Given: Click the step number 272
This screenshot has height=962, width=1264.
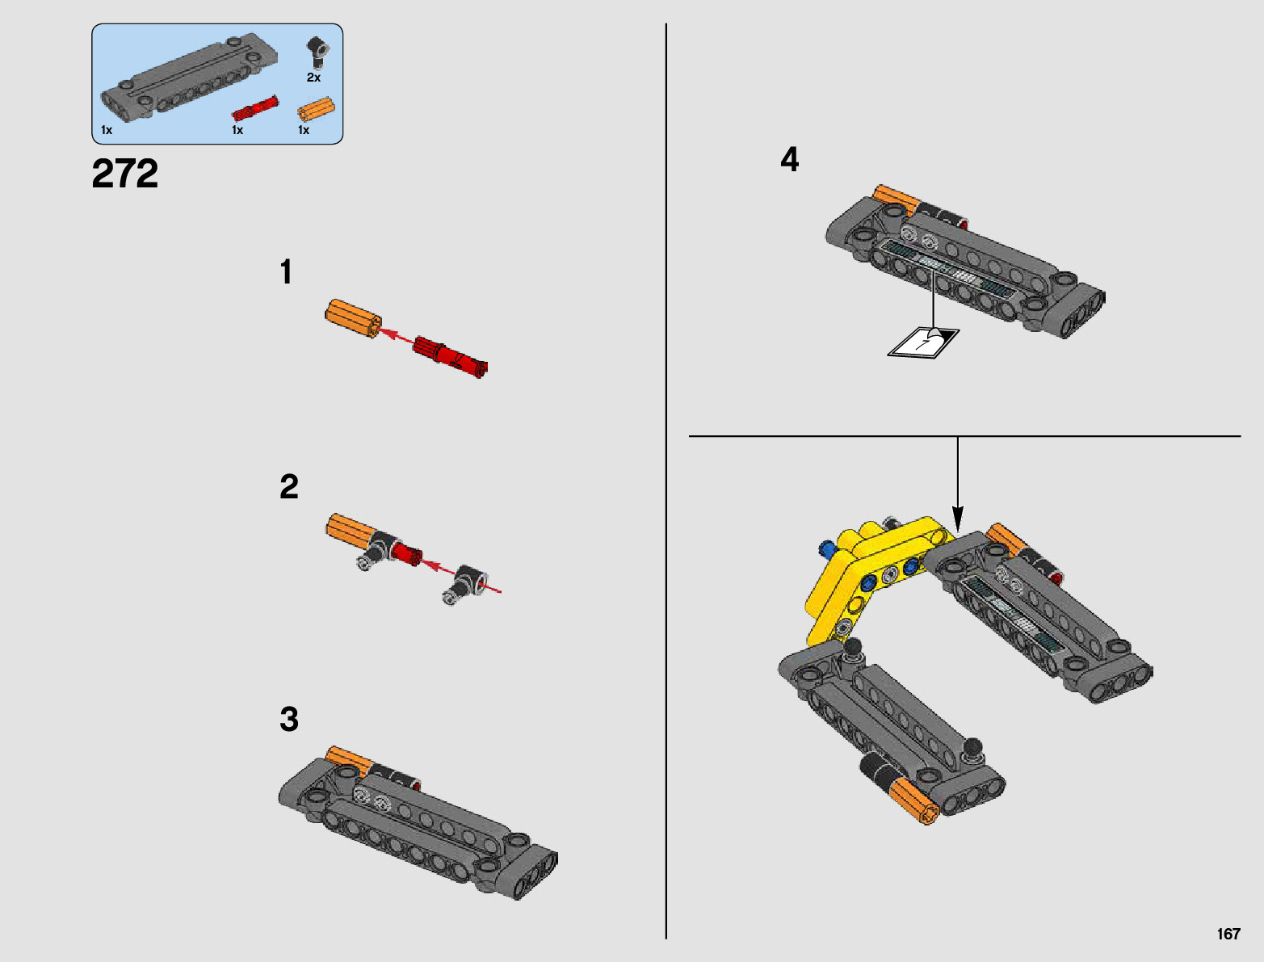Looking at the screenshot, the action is [124, 174].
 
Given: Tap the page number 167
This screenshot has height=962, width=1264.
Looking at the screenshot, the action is [1228, 934].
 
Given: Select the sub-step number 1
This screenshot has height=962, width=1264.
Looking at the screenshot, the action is [286, 271].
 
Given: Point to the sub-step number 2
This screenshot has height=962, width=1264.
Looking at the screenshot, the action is [289, 487].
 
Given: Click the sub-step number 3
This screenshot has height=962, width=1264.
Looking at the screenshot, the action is [289, 720].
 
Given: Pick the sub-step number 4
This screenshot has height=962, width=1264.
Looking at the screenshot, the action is [790, 159].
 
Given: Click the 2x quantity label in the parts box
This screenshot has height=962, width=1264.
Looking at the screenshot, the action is [313, 78].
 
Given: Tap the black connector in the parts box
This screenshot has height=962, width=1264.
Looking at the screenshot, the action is [317, 53].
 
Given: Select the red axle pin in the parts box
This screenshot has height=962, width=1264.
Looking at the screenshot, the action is [255, 108].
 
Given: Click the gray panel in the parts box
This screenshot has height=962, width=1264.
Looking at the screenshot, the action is [190, 76].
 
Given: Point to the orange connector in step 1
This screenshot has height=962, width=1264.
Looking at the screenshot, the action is [353, 319].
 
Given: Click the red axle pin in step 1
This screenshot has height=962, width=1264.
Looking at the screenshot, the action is [451, 356].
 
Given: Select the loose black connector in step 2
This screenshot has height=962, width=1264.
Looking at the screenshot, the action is [465, 584].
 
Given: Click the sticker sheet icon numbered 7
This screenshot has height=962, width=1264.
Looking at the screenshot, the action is [924, 343].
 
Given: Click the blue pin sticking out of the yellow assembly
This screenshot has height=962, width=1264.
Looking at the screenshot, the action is [827, 549].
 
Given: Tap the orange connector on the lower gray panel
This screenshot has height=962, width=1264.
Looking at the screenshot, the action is [914, 800].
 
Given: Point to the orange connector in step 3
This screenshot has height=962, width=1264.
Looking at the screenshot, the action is [349, 761].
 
